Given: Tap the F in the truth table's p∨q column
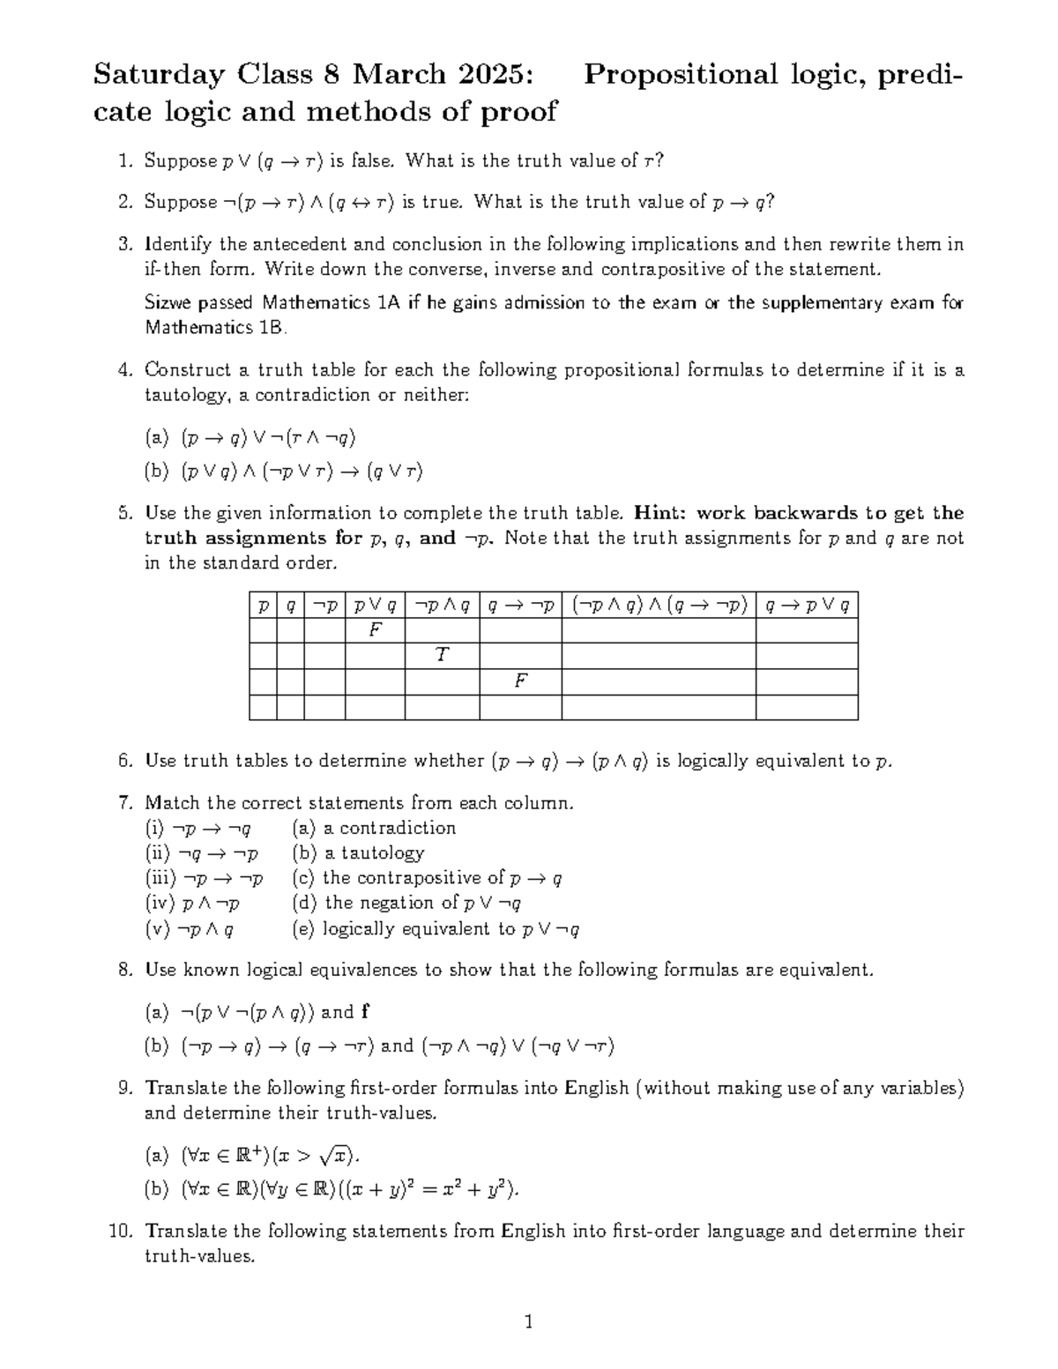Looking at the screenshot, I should [x=375, y=630].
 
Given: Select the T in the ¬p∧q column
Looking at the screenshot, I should [x=442, y=655].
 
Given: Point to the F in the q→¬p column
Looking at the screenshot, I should [x=520, y=681].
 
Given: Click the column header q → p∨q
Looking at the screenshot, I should [x=806, y=606].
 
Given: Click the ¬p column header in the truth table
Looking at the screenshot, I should [x=324, y=606].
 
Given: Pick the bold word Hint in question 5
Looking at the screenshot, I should [x=657, y=513].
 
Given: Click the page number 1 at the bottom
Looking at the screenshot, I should [x=529, y=1321].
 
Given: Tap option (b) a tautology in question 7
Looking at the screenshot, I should [x=359, y=852].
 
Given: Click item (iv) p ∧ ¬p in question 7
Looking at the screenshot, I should [x=193, y=903].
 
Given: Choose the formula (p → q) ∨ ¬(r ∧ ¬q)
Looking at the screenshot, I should [x=268, y=438].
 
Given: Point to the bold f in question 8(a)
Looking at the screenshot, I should [x=365, y=1012].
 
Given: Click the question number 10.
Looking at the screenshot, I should [x=120, y=1231].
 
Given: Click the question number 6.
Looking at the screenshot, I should [x=124, y=761].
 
